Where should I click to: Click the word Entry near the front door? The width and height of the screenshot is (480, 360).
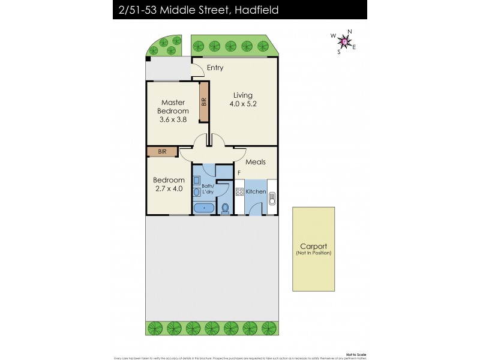tap(215, 68)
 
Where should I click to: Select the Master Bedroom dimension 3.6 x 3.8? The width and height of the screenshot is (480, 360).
tap(173, 119)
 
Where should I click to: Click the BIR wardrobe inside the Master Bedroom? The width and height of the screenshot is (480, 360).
tap(204, 103)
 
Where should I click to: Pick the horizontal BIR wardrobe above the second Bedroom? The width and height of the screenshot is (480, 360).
tap(162, 152)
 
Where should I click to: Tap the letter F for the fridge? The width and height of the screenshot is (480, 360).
tap(239, 173)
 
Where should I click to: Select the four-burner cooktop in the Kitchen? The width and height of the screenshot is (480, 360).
tap(239, 192)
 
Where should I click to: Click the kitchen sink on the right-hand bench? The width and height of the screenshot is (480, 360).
tap(272, 197)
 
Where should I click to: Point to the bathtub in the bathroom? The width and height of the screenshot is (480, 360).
tap(204, 208)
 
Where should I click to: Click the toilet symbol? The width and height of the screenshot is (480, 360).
tap(225, 208)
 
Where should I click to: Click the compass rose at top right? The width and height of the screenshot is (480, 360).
tap(344, 41)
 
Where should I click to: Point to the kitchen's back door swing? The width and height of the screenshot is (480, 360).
tap(254, 209)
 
